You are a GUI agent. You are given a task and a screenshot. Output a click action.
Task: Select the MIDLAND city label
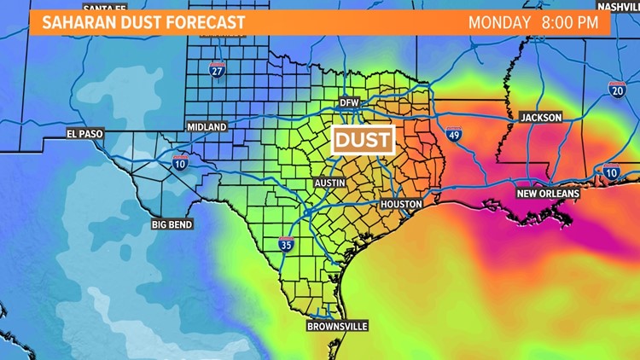pos(207,127)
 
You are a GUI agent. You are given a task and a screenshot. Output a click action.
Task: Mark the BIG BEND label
pos(172,224)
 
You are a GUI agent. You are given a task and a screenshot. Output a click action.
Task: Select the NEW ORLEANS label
pos(548,194)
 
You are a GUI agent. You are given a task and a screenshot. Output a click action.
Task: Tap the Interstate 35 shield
pos(286,245)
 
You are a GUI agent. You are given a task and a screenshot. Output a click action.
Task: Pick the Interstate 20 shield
pos(616,87)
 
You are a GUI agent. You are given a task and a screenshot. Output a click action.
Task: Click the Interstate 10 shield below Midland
pos(180,162)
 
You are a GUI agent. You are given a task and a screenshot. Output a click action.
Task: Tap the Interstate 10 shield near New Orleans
pos(611,172)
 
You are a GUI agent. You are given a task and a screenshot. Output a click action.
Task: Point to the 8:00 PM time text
pos(568,23)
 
